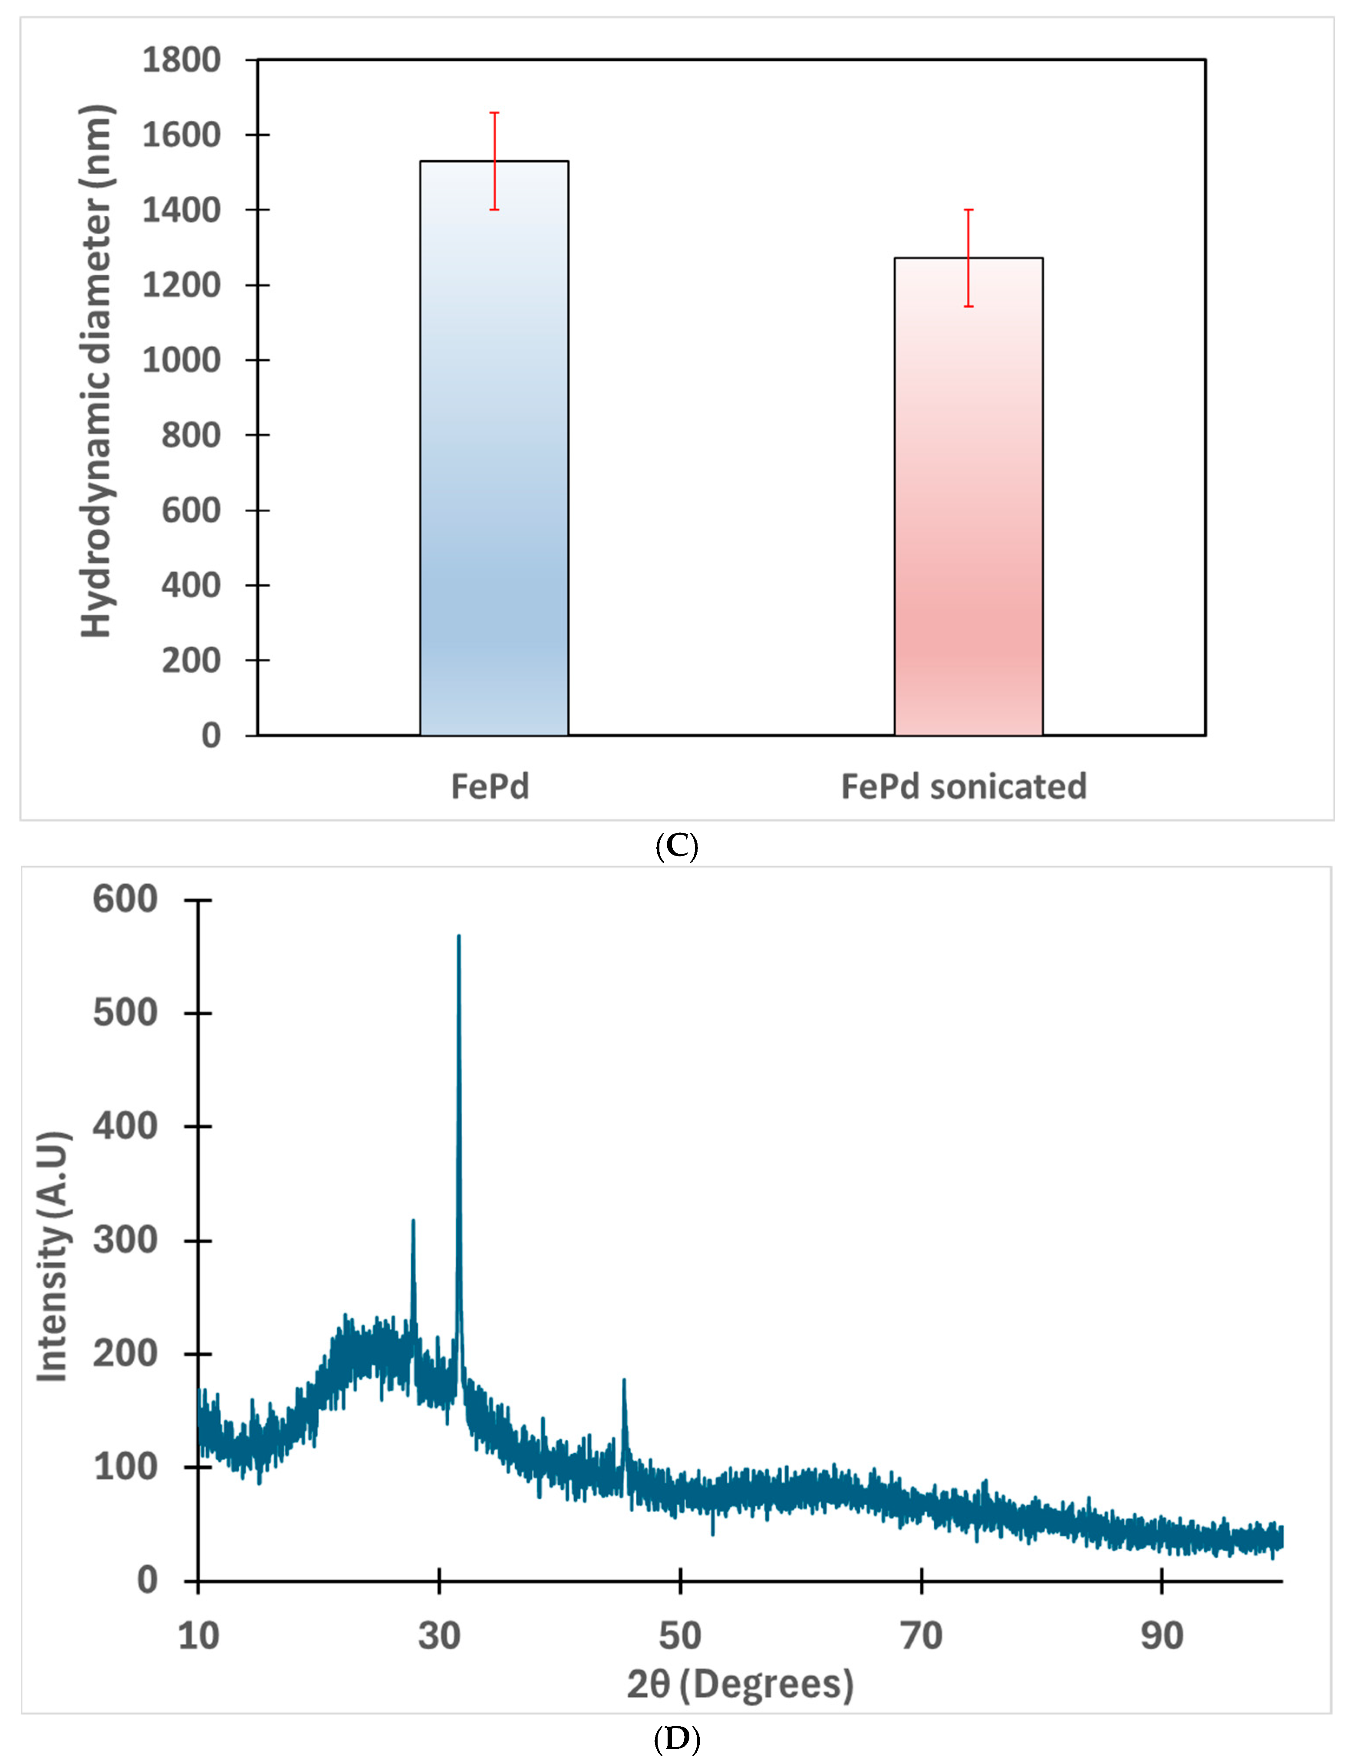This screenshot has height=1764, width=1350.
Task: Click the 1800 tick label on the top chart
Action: point(181,60)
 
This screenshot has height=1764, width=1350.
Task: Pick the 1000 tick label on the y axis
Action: point(181,360)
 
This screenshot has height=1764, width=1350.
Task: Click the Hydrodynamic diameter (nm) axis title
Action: point(96,371)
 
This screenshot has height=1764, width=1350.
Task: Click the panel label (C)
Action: point(677,846)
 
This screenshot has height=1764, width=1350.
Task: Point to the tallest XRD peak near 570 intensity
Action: point(459,940)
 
